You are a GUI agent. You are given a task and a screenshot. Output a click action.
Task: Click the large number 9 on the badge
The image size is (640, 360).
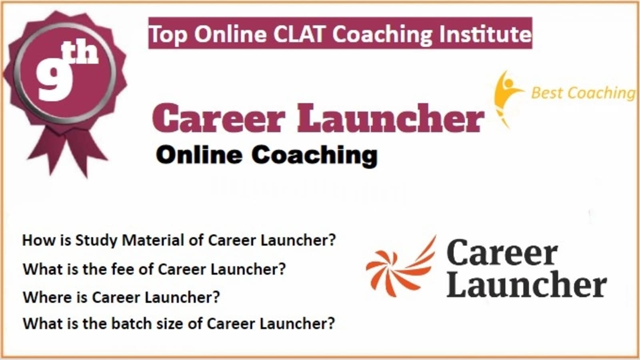(54, 80)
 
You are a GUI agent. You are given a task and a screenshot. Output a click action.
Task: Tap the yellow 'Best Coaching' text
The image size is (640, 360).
(583, 93)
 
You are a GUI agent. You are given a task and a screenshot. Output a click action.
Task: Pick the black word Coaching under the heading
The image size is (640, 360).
(314, 156)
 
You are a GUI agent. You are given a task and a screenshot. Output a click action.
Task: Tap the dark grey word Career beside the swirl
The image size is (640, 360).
(502, 252)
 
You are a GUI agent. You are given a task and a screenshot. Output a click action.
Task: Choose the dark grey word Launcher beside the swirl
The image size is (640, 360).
(526, 284)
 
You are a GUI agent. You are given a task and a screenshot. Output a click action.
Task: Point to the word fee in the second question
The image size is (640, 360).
(123, 269)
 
